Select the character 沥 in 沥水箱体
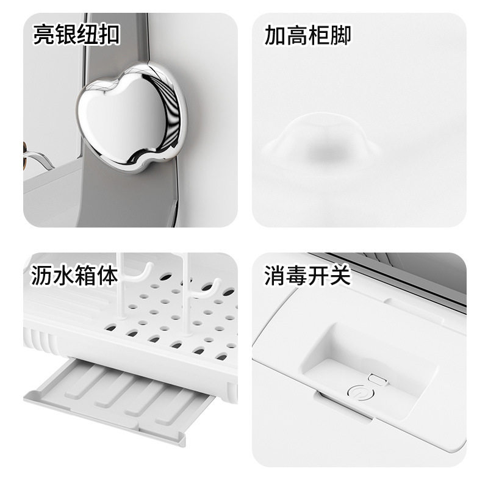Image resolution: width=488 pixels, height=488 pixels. (x=43, y=276)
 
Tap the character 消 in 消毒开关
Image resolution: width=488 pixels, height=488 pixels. (x=275, y=276)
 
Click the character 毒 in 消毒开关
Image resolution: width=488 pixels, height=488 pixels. (x=297, y=276)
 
